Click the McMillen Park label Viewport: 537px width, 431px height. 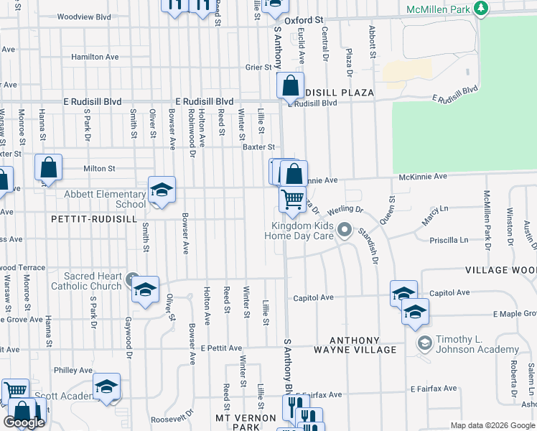pos(438,9)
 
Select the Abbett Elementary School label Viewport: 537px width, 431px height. pos(105,199)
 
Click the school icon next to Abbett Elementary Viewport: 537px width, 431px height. pos(162,190)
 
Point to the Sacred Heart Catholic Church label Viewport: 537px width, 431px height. pos(86,281)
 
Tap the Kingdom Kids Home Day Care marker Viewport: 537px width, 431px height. pos(345,230)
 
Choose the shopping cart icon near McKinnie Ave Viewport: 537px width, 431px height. pos(292,200)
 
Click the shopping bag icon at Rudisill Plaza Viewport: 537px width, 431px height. pos(290,86)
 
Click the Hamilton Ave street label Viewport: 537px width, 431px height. pos(95,57)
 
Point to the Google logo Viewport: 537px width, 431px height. pos(24,422)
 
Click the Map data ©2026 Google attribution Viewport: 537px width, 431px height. pos(492,425)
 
